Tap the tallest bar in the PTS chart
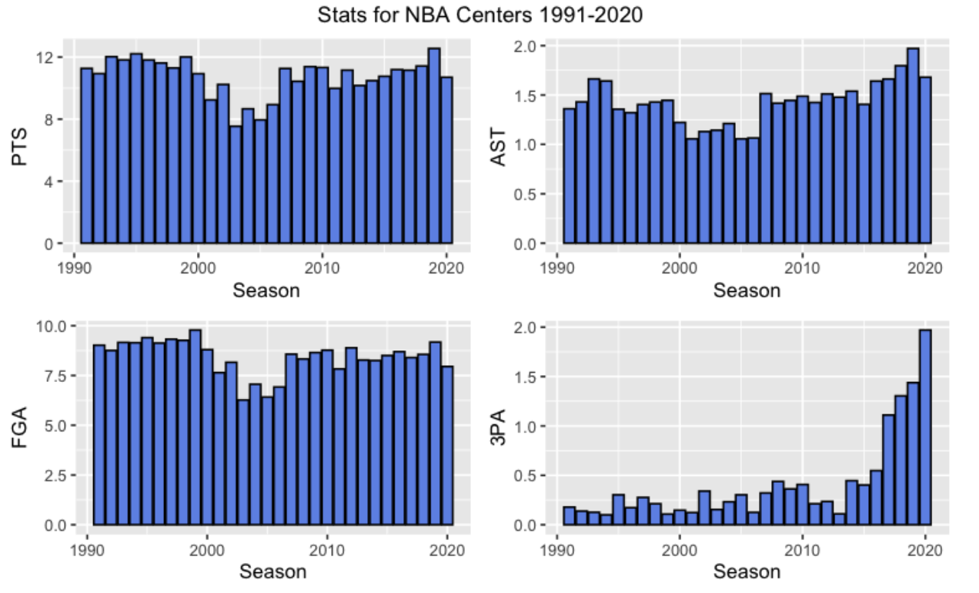[x=434, y=146]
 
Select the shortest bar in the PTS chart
[x=236, y=185]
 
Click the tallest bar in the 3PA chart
[x=925, y=427]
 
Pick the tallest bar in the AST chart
[x=913, y=146]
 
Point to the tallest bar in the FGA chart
[x=195, y=427]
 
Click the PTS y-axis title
[x=20, y=146]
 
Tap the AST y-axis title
[x=499, y=147]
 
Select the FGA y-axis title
[x=20, y=427]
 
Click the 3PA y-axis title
[x=499, y=427]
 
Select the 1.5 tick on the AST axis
[x=524, y=95]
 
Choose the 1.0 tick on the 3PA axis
[x=524, y=427]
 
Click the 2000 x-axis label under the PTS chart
[x=198, y=268]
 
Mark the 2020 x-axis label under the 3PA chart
[x=925, y=550]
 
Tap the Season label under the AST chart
[x=747, y=291]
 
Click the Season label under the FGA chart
[x=273, y=572]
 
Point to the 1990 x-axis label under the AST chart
[x=557, y=268]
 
